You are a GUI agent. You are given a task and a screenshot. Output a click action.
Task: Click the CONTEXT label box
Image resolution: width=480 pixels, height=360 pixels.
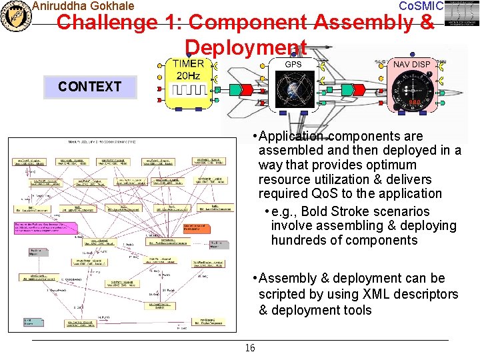pyautogui.click(x=89, y=87)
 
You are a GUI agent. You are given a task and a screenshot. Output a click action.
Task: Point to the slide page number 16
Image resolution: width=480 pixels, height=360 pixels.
pyautogui.click(x=250, y=348)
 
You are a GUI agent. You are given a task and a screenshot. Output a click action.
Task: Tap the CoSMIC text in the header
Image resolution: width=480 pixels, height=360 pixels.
pyautogui.click(x=420, y=6)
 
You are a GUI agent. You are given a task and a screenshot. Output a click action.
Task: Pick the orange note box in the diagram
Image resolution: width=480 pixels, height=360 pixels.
pyautogui.click(x=197, y=228)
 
